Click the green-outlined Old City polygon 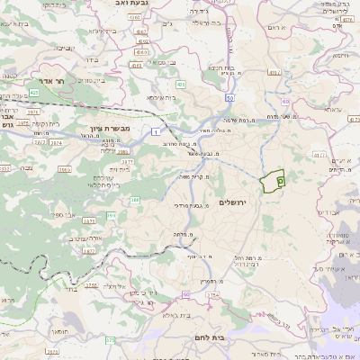(x=272, y=181)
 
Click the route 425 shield (x=33, y=92)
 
